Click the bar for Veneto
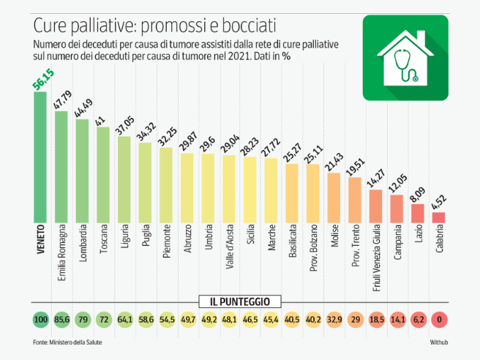[x=40, y=157]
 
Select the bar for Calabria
[x=438, y=217]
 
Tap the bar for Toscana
[x=103, y=175]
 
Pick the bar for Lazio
[x=418, y=214]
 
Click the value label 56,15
[x=43, y=79]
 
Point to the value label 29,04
[x=230, y=143]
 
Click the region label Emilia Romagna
[x=61, y=252]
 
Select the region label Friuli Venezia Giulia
[x=376, y=258]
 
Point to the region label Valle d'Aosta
[x=229, y=247]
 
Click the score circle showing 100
[x=41, y=320]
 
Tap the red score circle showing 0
[x=439, y=320]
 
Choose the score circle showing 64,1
[x=125, y=320]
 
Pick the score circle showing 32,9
[x=334, y=320]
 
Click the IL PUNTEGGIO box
[x=240, y=301]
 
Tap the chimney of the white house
[x=421, y=37]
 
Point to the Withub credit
[x=439, y=342]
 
